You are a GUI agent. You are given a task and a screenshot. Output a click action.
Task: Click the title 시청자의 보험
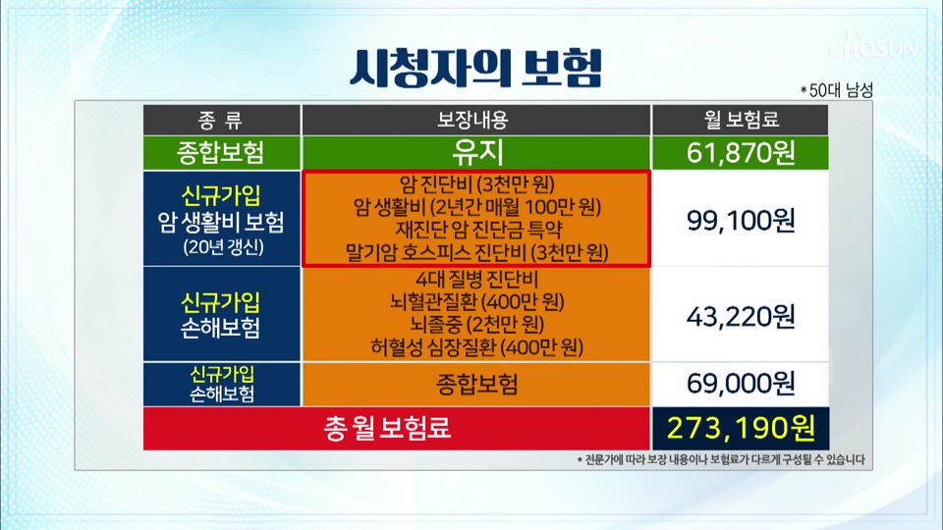tap(475, 67)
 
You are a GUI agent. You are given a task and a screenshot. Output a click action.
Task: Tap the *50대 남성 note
tap(836, 90)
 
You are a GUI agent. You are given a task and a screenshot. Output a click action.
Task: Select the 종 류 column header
tap(221, 120)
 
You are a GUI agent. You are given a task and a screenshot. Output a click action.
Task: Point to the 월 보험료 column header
tap(741, 120)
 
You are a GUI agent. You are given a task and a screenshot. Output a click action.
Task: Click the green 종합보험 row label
tap(221, 153)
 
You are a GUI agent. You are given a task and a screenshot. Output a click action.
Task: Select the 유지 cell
tap(477, 152)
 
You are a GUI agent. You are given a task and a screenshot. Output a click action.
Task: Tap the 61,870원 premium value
tap(741, 153)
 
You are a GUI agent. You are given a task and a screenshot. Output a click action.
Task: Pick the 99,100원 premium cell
tap(741, 220)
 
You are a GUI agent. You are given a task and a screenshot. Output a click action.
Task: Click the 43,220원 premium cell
tap(741, 316)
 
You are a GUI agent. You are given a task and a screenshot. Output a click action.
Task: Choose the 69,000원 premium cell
tap(741, 383)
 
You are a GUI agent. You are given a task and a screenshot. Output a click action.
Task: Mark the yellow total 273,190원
tap(741, 428)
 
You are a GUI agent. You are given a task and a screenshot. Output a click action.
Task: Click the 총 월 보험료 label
tap(387, 428)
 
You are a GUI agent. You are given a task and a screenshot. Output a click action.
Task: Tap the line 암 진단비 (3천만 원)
tap(477, 184)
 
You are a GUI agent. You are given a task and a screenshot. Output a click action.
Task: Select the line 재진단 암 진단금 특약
tap(478, 230)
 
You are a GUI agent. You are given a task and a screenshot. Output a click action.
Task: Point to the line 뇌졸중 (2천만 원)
tap(477, 325)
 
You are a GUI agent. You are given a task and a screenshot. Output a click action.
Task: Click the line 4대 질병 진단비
tap(477, 279)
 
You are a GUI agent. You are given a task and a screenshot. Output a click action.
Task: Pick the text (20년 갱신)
tap(223, 247)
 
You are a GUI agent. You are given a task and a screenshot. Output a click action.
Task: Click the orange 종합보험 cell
tap(476, 384)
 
